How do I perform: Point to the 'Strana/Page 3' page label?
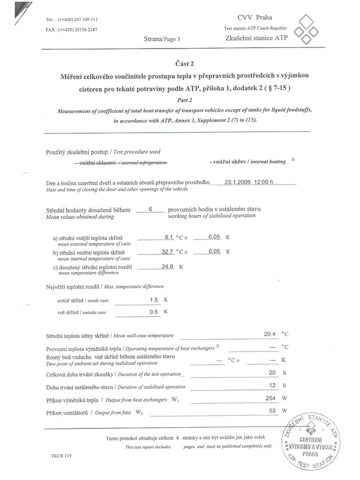click(x=161, y=38)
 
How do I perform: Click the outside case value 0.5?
click(x=154, y=312)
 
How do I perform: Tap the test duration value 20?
click(x=272, y=373)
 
